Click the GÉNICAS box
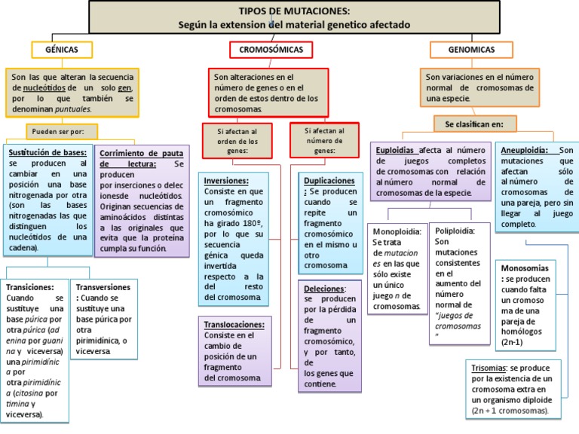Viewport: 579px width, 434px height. [x=63, y=49]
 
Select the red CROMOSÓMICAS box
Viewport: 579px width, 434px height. [x=271, y=50]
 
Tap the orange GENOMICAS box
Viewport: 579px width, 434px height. [x=472, y=50]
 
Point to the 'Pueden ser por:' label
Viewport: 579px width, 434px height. [x=57, y=131]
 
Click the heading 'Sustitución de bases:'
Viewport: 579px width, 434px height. [x=47, y=152]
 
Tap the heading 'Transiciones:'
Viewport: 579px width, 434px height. [x=29, y=287]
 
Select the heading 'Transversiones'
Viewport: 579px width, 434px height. [x=103, y=287]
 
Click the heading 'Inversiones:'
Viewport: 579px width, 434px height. [x=226, y=181]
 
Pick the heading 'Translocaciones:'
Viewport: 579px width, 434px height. [x=234, y=324]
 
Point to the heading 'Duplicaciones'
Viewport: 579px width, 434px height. [x=329, y=181]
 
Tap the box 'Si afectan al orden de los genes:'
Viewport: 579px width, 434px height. [x=237, y=141]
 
